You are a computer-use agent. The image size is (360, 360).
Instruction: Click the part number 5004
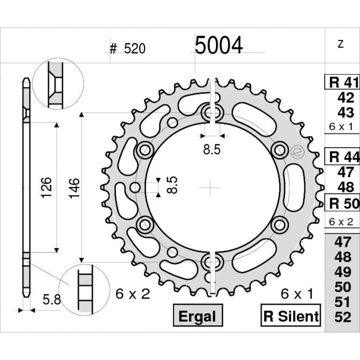click(x=219, y=45)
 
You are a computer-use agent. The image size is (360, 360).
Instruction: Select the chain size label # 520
click(x=128, y=49)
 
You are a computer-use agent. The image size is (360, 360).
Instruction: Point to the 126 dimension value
click(x=46, y=187)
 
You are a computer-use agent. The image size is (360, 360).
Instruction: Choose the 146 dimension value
click(x=74, y=188)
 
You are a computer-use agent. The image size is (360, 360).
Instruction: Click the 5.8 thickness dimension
click(x=52, y=300)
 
